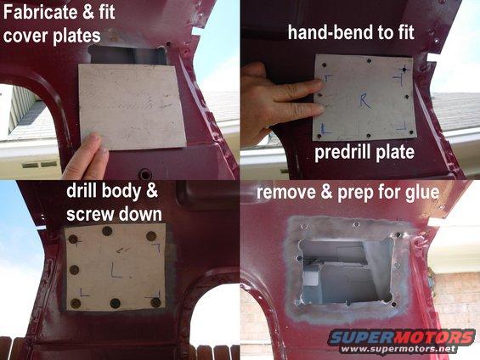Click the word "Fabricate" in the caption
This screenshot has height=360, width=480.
pos(41,12)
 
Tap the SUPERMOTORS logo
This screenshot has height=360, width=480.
pos(401,337)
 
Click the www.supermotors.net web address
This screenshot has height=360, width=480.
pos(398,349)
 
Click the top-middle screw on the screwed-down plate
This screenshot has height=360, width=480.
pos(107,231)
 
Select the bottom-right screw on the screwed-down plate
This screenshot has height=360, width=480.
pos(155,302)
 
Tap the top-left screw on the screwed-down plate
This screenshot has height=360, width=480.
pos(73,239)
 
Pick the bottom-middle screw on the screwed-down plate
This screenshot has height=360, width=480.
pos(115,303)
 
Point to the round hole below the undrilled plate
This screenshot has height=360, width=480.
pos(144,175)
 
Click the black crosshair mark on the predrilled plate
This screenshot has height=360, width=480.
pos(405,70)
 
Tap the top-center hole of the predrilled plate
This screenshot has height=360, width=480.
pos(369,61)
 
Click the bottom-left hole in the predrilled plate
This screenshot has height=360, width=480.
pos(319,136)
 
